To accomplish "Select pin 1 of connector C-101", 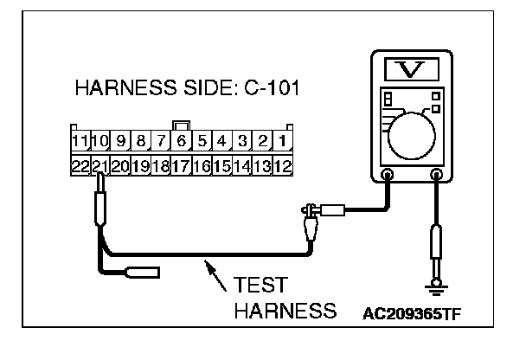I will (x=285, y=139).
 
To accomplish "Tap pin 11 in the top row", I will (x=79, y=139).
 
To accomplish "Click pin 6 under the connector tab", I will (x=182, y=139).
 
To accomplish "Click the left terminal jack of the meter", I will (x=387, y=176).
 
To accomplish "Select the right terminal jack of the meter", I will (x=437, y=176).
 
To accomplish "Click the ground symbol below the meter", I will (x=438, y=286).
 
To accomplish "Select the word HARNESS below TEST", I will (x=284, y=310).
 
